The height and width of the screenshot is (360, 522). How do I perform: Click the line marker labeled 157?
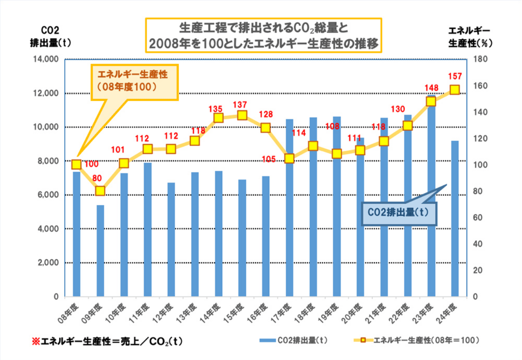coord(454,90)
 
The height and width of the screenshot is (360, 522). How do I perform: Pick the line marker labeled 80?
coord(100,191)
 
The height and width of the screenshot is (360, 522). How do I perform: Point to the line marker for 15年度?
coord(242,115)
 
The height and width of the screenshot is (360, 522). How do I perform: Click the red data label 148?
coord(431,88)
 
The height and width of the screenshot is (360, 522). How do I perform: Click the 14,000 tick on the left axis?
coord(47,59)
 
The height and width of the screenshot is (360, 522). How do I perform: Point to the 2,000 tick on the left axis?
coord(50,263)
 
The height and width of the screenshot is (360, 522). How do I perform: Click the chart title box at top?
coord(263,35)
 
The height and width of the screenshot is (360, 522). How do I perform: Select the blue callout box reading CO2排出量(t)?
coord(399,213)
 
